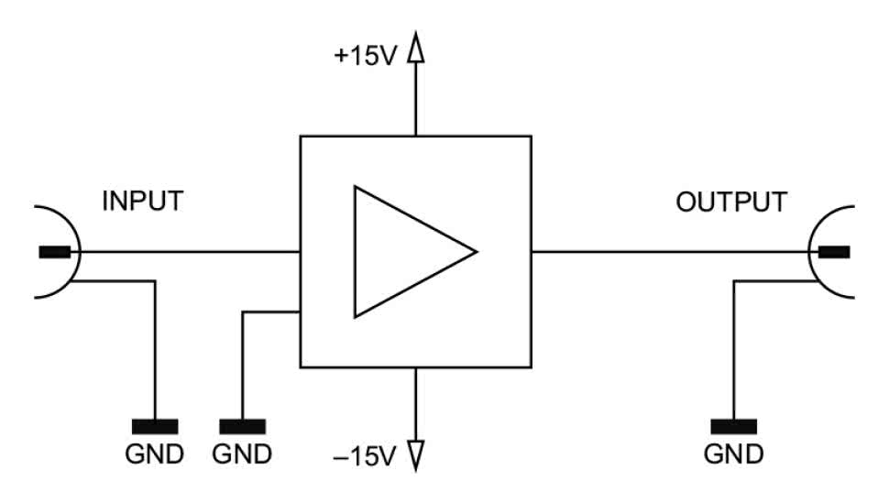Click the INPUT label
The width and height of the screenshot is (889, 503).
[x=142, y=201]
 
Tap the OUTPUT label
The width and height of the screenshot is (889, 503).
[x=730, y=202]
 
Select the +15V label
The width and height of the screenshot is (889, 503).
[x=364, y=56]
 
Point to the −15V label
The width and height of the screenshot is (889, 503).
[x=364, y=455]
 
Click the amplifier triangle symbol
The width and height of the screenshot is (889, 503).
[x=403, y=251]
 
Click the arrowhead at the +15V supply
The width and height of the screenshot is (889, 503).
[x=417, y=49]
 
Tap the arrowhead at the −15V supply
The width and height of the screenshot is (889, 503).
[x=417, y=452]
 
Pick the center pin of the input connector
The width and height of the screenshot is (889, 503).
[x=54, y=251]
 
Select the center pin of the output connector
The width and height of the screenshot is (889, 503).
[x=833, y=251]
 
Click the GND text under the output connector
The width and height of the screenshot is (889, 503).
[x=733, y=454]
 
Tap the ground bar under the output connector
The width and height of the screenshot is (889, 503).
[x=733, y=425]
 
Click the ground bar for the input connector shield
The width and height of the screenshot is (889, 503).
[x=155, y=425]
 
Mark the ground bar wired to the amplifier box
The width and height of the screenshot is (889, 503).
[x=243, y=425]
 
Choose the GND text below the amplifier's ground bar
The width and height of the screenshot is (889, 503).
[x=243, y=454]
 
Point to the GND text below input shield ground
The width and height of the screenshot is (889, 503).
[x=155, y=454]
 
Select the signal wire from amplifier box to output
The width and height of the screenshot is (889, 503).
[x=669, y=251]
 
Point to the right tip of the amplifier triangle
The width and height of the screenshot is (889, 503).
[x=475, y=251]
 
